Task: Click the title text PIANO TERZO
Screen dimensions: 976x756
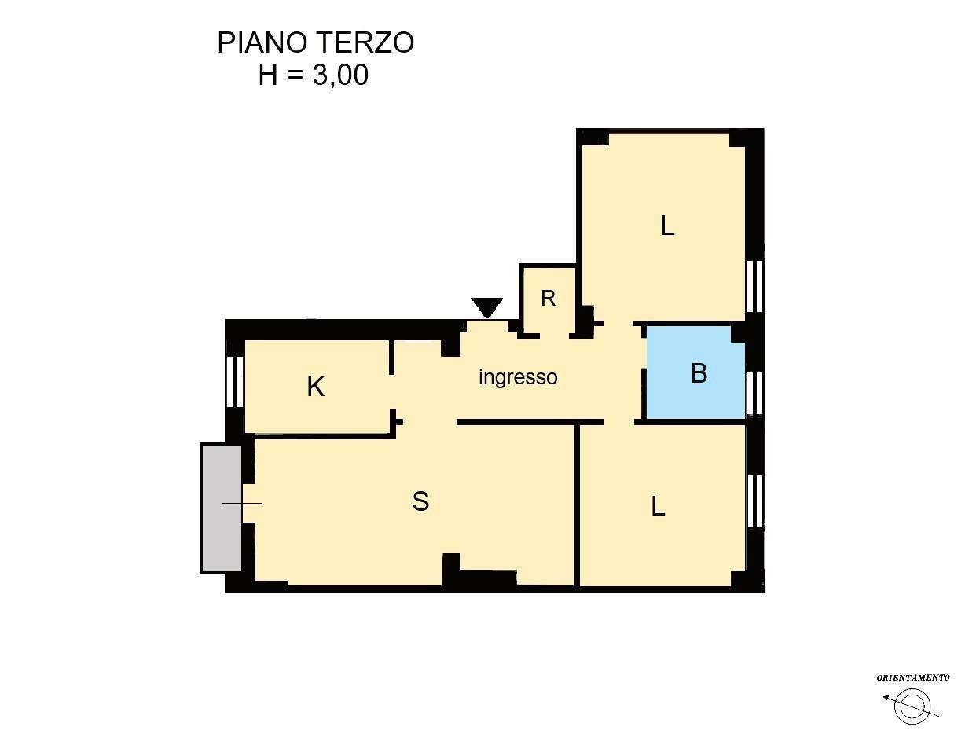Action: (x=315, y=43)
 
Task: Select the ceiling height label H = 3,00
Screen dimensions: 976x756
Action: (x=313, y=75)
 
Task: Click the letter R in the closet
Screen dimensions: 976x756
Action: (x=548, y=299)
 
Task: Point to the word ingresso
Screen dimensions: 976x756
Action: (x=518, y=377)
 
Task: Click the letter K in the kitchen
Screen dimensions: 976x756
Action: (x=315, y=387)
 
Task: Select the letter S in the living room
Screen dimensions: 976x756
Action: (x=420, y=501)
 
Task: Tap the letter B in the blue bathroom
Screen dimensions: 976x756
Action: (x=699, y=372)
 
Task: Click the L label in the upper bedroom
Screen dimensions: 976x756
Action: (x=667, y=226)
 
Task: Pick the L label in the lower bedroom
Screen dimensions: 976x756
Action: (x=658, y=507)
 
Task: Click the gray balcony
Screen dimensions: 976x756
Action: (x=221, y=508)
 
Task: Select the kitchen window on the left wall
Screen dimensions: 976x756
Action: (x=234, y=382)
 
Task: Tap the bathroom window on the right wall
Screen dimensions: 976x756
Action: (x=754, y=394)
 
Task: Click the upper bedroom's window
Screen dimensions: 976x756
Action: (x=754, y=287)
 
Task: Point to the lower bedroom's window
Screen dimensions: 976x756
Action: (x=754, y=501)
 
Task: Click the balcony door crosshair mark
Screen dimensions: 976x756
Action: (x=242, y=504)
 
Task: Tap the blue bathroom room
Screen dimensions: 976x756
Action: (x=695, y=372)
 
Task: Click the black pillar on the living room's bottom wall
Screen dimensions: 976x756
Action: (x=451, y=569)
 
